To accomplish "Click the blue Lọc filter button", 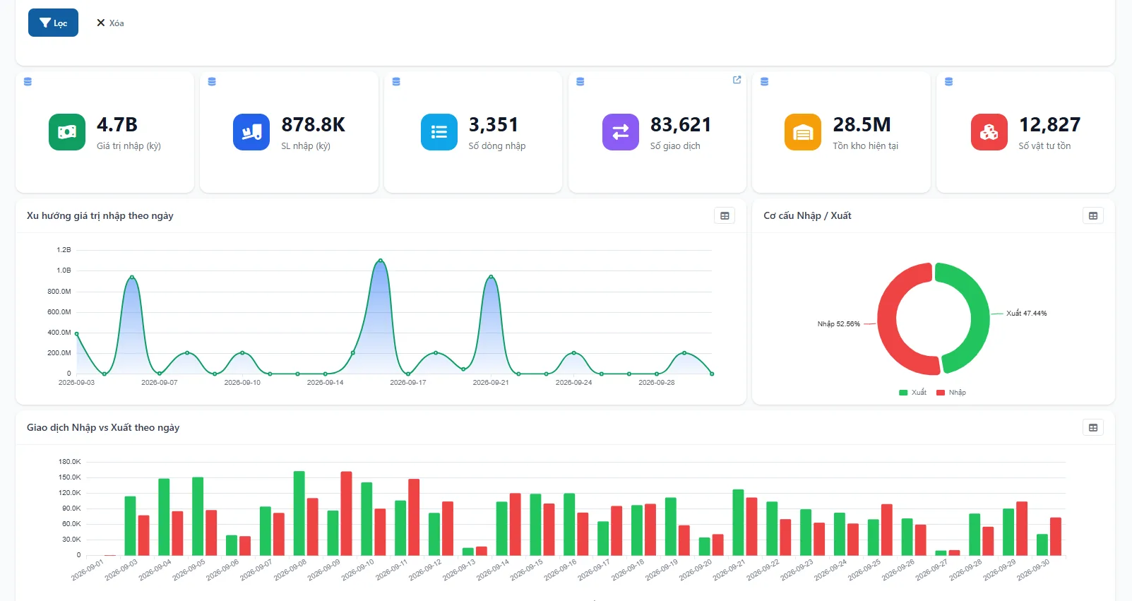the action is click(x=53, y=23).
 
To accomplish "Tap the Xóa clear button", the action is click(x=110, y=23).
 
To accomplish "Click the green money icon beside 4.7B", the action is click(x=67, y=132).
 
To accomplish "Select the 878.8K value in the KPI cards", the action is click(x=314, y=124).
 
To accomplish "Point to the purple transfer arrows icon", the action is click(x=621, y=132).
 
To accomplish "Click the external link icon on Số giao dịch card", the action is click(x=737, y=80).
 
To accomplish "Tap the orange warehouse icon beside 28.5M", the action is click(x=802, y=132).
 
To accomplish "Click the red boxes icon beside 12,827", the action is click(x=989, y=132).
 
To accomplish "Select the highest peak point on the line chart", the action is click(x=381, y=261).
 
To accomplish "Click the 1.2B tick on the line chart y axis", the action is click(x=64, y=250).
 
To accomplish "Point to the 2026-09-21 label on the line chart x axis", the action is click(x=491, y=383).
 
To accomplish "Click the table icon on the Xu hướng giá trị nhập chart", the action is click(x=725, y=216).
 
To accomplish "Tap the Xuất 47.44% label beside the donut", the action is click(x=1026, y=314).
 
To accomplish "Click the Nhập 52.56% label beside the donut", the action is click(x=839, y=324).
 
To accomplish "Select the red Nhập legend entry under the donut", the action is click(x=951, y=393).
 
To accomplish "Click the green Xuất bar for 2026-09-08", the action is click(x=299, y=513).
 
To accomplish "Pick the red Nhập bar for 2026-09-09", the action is click(x=346, y=513).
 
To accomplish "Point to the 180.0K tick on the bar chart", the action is click(x=70, y=461).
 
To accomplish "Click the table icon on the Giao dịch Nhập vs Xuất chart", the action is click(x=1093, y=428).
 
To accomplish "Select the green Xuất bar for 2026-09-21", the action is click(x=739, y=523).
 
